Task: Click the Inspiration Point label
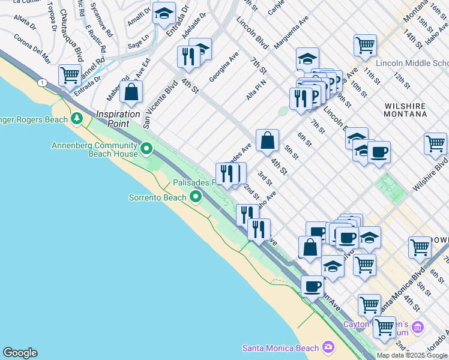[118, 114]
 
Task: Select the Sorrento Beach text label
[158, 197]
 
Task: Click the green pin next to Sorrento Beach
[196, 196]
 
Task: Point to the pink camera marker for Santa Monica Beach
[328, 347]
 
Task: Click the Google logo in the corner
[20, 353]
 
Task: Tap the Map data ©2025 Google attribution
[412, 355]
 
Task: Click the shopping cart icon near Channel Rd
[70, 76]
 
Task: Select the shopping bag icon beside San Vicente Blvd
[131, 92]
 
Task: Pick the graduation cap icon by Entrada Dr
[163, 13]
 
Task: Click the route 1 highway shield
[41, 82]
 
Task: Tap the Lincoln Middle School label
[412, 64]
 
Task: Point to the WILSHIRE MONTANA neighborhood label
[405, 110]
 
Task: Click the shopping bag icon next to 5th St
[267, 140]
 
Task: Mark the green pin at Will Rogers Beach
[76, 119]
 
